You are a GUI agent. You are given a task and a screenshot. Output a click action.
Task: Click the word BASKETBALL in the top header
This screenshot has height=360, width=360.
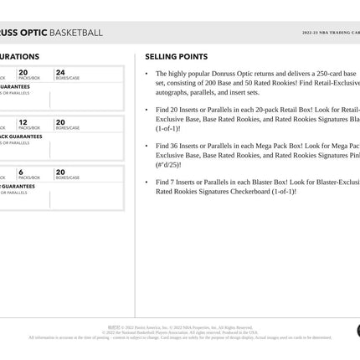[76, 33]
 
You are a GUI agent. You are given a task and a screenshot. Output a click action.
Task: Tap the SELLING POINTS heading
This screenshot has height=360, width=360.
[177, 57]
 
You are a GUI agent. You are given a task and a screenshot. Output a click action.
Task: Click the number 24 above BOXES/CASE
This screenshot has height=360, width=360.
[60, 73]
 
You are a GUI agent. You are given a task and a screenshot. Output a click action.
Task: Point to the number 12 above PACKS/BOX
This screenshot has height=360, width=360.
[23, 121]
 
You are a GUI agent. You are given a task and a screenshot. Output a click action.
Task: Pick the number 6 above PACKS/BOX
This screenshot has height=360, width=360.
[21, 171]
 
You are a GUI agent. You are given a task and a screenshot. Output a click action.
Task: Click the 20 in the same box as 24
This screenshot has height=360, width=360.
[23, 73]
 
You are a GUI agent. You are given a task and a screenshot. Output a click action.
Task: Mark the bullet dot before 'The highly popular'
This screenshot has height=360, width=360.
[148, 74]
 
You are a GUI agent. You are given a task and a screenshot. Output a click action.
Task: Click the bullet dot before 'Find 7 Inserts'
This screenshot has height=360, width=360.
[148, 182]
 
